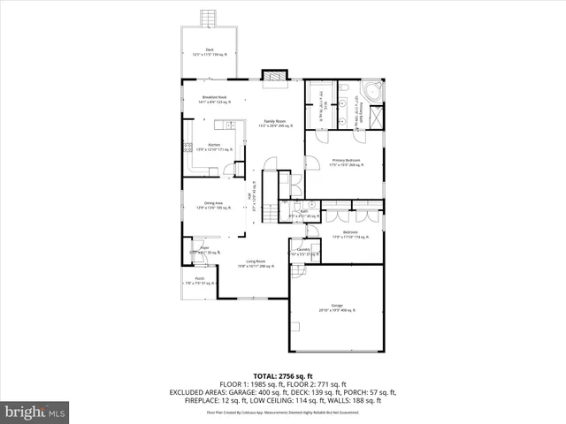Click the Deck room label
tap(210, 52)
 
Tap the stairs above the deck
tap(209, 19)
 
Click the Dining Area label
tap(213, 204)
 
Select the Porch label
tap(200, 281)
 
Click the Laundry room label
tap(302, 252)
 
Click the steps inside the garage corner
tap(299, 273)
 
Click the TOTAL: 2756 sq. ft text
tap(283, 375)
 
